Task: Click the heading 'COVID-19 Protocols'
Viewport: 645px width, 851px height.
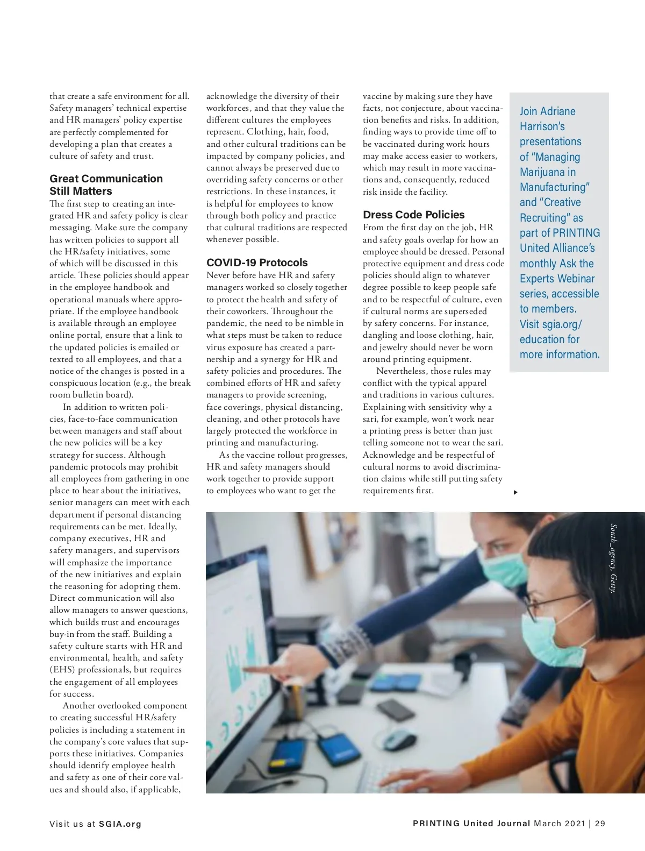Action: (x=257, y=263)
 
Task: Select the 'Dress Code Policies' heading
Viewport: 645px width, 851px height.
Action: (x=413, y=215)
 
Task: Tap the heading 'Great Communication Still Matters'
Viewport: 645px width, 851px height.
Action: (x=106, y=185)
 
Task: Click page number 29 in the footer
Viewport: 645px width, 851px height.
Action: (x=600, y=823)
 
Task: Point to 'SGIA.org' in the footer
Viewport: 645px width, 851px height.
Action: (x=120, y=824)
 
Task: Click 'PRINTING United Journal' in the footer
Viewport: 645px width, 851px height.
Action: (x=471, y=823)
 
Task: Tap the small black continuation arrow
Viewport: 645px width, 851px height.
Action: (x=515, y=492)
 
